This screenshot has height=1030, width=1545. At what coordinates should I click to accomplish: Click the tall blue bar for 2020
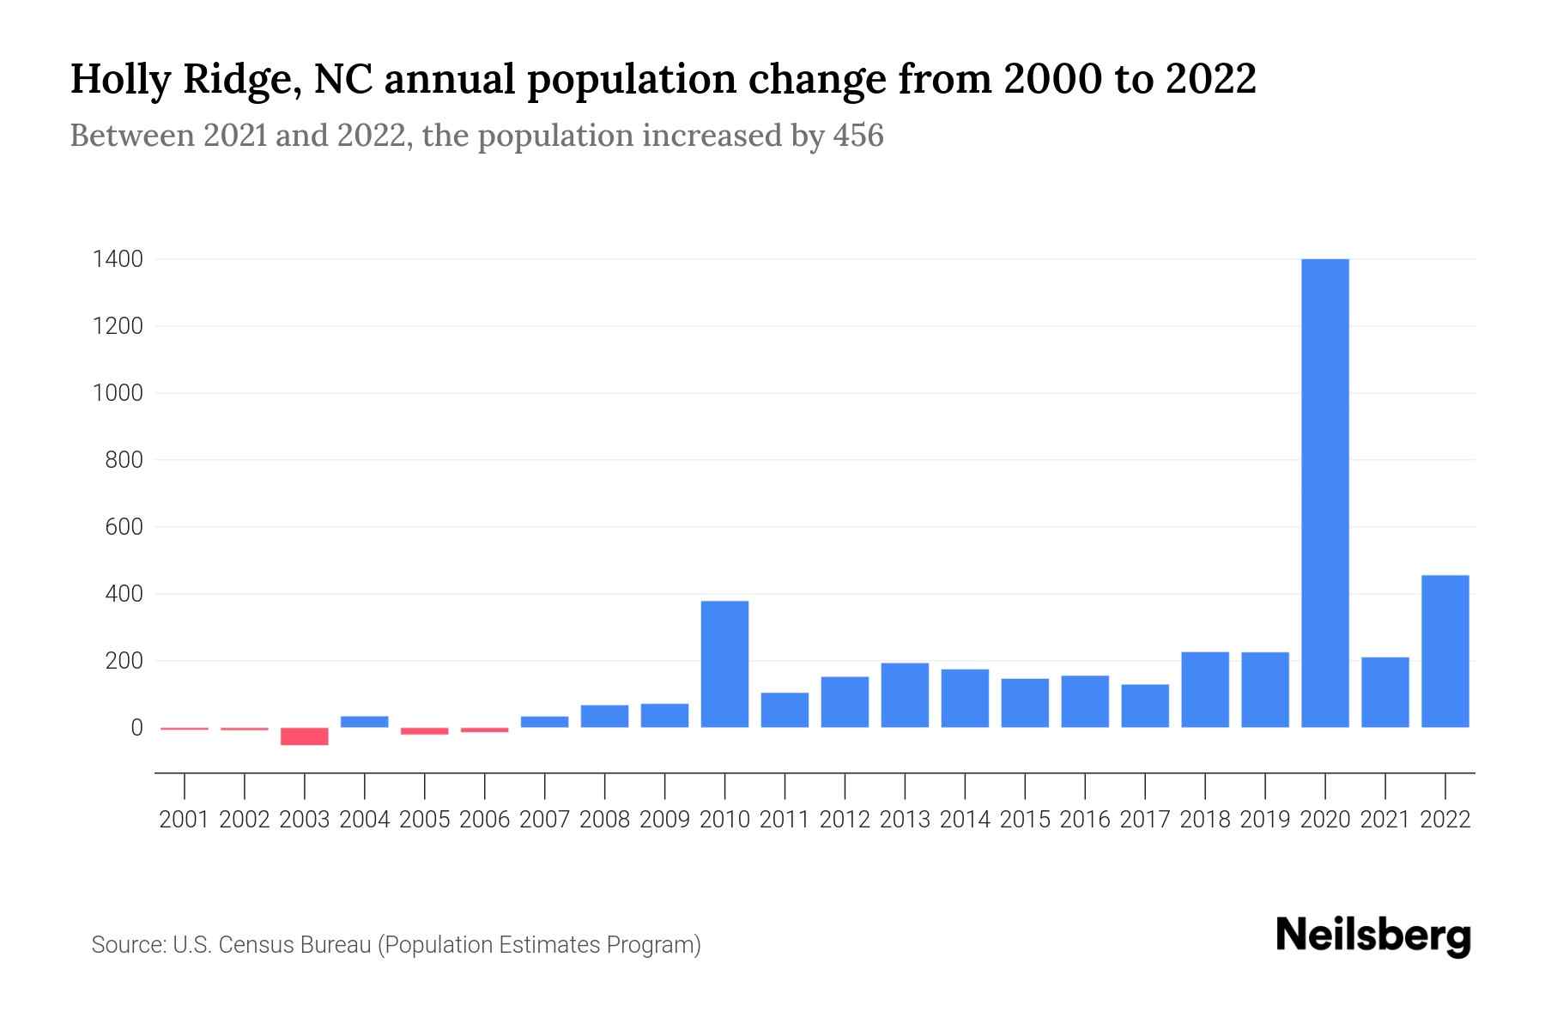click(x=1325, y=494)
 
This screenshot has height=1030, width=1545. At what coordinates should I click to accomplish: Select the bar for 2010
click(x=724, y=664)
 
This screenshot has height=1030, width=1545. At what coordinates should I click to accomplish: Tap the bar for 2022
click(x=1445, y=651)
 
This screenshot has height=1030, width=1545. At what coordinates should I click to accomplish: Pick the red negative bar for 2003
click(x=305, y=736)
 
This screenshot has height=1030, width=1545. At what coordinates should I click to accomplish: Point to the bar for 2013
click(x=905, y=695)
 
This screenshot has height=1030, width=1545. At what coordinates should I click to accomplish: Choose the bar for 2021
click(x=1385, y=693)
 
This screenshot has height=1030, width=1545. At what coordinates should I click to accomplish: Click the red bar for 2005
click(x=425, y=731)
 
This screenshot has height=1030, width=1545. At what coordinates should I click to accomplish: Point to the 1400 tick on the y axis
click(x=117, y=259)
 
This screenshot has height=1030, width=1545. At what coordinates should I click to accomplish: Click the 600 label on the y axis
click(x=124, y=527)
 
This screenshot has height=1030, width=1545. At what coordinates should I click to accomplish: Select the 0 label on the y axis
click(x=136, y=728)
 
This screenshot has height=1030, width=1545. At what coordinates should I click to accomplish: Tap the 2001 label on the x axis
click(x=185, y=820)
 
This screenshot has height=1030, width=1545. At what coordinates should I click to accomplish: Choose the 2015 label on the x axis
click(x=1025, y=820)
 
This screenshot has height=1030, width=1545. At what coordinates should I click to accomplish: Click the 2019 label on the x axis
click(x=1265, y=820)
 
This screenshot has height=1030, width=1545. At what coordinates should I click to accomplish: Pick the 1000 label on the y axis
click(x=117, y=393)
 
